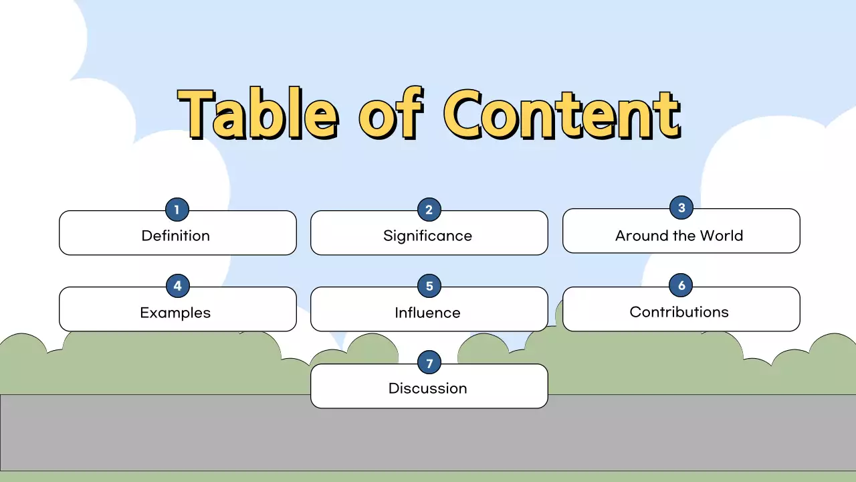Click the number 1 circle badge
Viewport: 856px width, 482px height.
click(x=177, y=210)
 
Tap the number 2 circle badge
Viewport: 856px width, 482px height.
click(x=429, y=210)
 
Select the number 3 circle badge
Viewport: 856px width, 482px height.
click(x=681, y=208)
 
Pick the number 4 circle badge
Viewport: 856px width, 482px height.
click(x=177, y=287)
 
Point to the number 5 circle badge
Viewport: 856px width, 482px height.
click(x=429, y=287)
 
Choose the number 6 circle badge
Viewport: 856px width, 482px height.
click(x=681, y=286)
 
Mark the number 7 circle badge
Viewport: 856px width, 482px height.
click(x=429, y=364)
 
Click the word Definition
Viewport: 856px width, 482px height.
click(x=176, y=236)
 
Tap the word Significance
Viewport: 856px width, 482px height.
click(x=427, y=236)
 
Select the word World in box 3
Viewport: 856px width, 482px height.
click(x=721, y=236)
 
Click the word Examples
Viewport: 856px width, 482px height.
click(x=175, y=313)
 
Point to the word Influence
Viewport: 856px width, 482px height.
click(x=427, y=313)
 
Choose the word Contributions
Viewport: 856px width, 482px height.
click(x=679, y=312)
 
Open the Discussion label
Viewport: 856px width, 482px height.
click(x=427, y=388)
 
